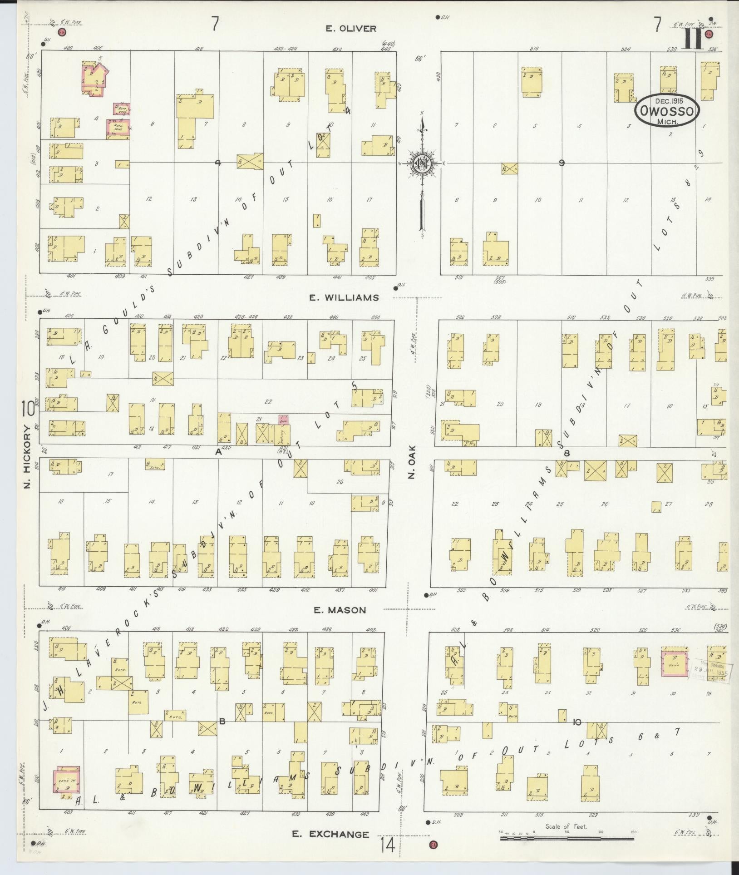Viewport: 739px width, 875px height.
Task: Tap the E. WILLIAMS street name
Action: click(x=344, y=297)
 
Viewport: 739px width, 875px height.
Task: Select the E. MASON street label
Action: click(x=340, y=610)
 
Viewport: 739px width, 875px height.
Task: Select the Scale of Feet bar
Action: click(x=567, y=838)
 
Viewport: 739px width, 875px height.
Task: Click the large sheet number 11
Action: click(x=693, y=39)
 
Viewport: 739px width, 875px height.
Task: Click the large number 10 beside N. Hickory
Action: click(x=27, y=410)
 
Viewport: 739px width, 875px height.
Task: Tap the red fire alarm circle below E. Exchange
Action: click(x=433, y=845)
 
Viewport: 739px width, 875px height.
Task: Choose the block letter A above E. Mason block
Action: click(x=218, y=451)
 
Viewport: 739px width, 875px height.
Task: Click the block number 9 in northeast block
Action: click(x=562, y=163)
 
